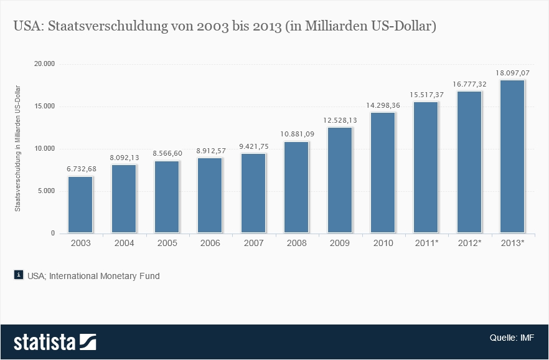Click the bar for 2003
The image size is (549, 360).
pyautogui.click(x=80, y=205)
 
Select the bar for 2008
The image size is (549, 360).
pyautogui.click(x=296, y=187)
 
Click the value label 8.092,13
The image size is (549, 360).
pyautogui.click(x=124, y=158)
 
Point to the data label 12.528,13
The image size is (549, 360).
pyautogui.click(x=340, y=120)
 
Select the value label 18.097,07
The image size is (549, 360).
pyautogui.click(x=512, y=73)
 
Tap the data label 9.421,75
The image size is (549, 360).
pyautogui.click(x=253, y=146)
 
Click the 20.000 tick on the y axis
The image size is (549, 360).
pyautogui.click(x=45, y=64)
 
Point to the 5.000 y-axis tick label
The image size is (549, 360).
pyautogui.click(x=47, y=191)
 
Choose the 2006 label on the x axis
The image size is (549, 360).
pyautogui.click(x=210, y=243)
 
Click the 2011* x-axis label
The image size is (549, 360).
pyautogui.click(x=426, y=243)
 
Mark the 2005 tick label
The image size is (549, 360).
pyautogui.click(x=167, y=243)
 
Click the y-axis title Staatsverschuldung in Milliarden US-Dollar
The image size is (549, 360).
pyautogui.click(x=17, y=148)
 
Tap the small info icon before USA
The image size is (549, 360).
pyautogui.click(x=19, y=275)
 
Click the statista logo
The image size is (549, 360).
pyautogui.click(x=55, y=342)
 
